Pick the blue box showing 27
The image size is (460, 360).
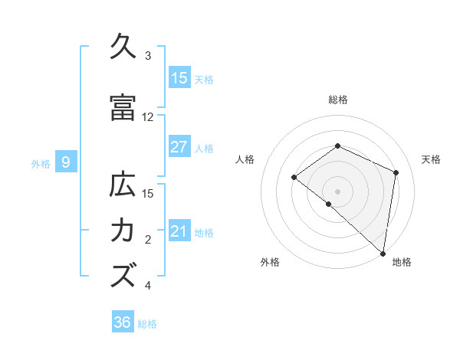click(179, 147)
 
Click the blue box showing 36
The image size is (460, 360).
click(123, 322)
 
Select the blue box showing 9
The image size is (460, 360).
click(67, 162)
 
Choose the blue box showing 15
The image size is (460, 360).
click(179, 78)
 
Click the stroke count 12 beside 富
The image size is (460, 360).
click(148, 117)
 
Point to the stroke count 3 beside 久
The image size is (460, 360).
click(148, 56)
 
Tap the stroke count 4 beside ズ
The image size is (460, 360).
click(148, 286)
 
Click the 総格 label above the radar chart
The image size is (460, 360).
click(338, 100)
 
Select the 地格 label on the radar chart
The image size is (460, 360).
click(402, 263)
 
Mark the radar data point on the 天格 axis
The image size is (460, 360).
click(396, 172)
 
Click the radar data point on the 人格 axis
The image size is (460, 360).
click(294, 178)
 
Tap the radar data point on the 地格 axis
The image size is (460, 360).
click(383, 254)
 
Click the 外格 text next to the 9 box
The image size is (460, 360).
click(40, 163)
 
